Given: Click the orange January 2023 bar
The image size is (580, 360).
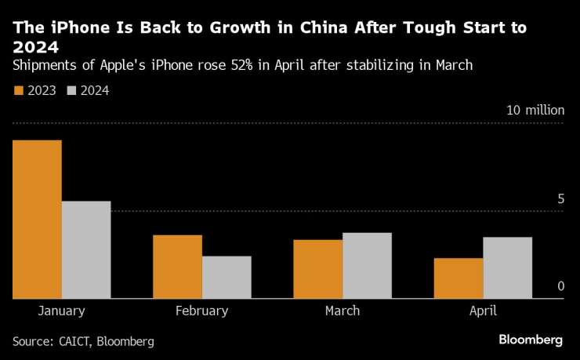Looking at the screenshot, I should tap(37, 220).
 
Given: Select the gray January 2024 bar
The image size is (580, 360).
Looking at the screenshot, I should tap(86, 250).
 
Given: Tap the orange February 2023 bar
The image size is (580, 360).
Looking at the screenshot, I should tap(177, 267).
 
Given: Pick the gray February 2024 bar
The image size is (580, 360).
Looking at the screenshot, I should tap(227, 278).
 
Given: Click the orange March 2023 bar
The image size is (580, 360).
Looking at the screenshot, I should tap(317, 269).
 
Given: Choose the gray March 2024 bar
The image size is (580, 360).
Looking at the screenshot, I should tap(367, 266).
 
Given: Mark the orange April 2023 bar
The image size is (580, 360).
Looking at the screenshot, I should tap(458, 278).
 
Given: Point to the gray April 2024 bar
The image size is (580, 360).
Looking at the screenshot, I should tap(507, 268).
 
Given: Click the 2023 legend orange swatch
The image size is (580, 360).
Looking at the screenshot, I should tap(20, 90).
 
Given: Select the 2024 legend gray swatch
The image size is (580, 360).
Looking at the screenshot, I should tap(73, 90).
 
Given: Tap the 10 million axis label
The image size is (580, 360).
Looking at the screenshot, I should tap(535, 110).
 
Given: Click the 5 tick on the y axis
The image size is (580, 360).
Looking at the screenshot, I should tap(560, 199).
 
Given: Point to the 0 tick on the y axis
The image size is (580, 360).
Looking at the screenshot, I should tap(560, 287).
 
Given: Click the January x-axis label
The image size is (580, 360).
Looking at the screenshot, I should tap(61, 311).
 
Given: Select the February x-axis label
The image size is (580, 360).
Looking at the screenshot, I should tap(201, 311).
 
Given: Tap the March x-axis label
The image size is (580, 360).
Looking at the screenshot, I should tap(342, 311).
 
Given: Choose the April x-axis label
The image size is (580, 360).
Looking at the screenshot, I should tap(483, 311).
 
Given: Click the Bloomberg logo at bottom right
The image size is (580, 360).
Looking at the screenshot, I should tap(531, 340).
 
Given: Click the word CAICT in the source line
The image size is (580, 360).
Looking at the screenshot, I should tap(78, 341).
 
